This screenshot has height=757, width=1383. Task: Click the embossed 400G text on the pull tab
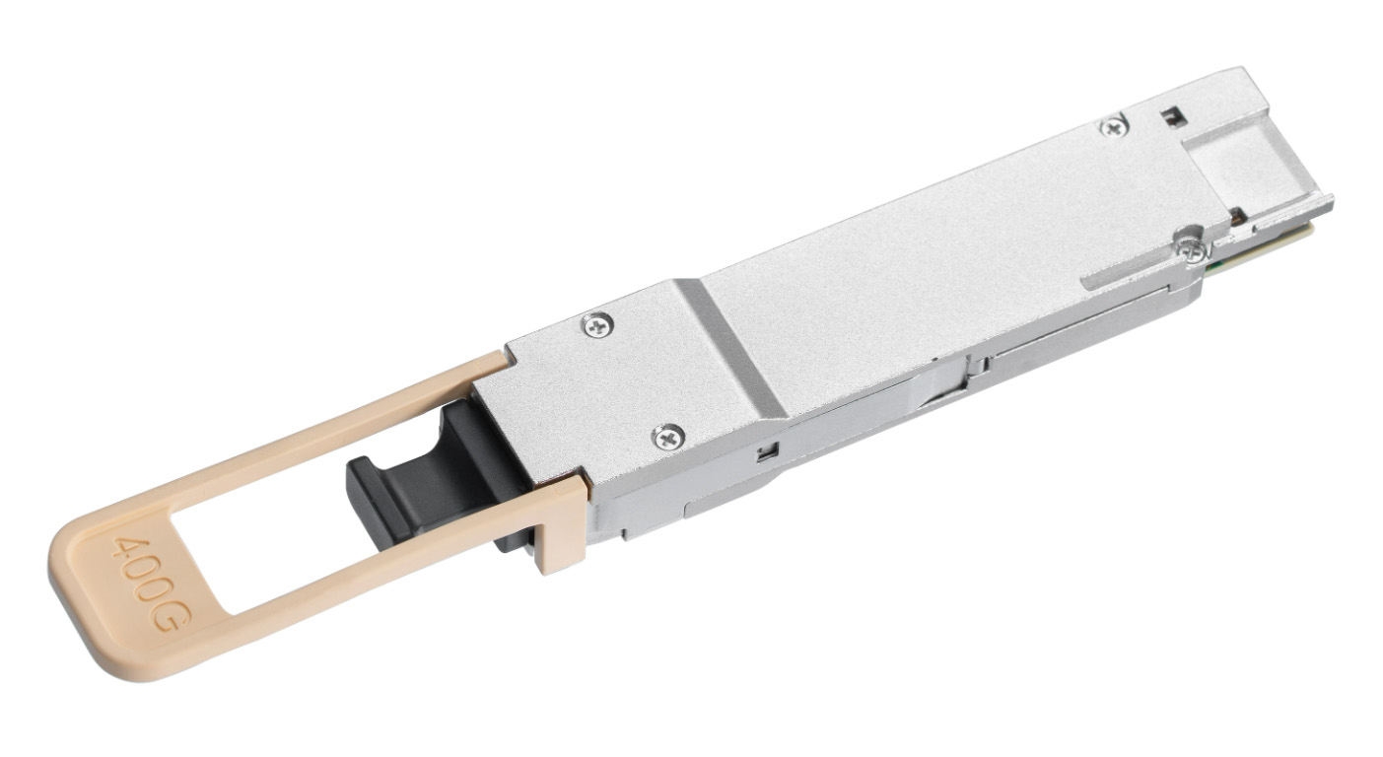(x=151, y=585)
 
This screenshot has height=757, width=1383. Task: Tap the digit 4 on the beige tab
(x=125, y=548)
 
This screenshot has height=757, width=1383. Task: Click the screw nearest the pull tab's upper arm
(x=597, y=325)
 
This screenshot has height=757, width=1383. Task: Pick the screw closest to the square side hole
(x=668, y=438)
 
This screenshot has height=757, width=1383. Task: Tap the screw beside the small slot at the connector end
(x=1115, y=127)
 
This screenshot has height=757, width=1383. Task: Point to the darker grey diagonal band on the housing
(x=731, y=349)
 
